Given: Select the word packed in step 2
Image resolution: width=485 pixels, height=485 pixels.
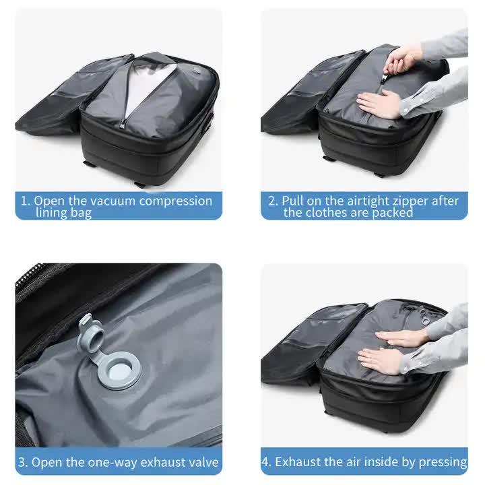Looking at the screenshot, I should click(391, 213).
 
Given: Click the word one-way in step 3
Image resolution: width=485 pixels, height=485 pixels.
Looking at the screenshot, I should click(110, 462).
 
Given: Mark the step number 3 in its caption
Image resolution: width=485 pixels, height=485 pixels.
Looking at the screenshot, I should click(22, 462).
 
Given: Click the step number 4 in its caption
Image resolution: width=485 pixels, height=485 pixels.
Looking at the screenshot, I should click(266, 462).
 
